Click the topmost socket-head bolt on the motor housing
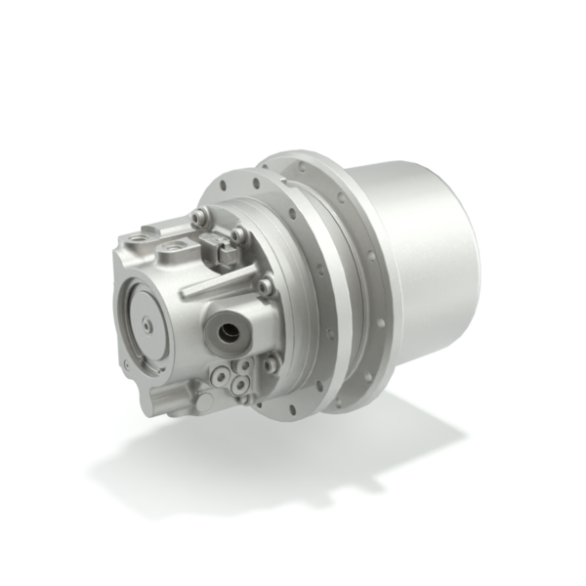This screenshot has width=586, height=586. tap(199, 218)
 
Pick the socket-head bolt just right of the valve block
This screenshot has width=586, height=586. tap(237, 235)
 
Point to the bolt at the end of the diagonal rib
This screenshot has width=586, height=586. tap(265, 286)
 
